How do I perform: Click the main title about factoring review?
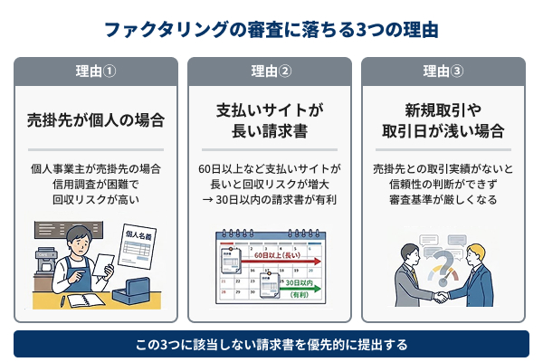pos(271,29)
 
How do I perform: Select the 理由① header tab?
pos(95,71)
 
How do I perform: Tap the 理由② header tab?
pos(271,71)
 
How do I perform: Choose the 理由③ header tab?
pos(443,71)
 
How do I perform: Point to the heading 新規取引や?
pos(443,110)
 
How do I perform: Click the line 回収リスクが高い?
pos(95,201)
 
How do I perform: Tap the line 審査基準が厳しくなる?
pos(443,201)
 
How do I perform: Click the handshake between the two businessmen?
pos(441,295)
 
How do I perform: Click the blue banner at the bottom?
pos(271,345)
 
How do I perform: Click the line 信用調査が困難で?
pos(95,185)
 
